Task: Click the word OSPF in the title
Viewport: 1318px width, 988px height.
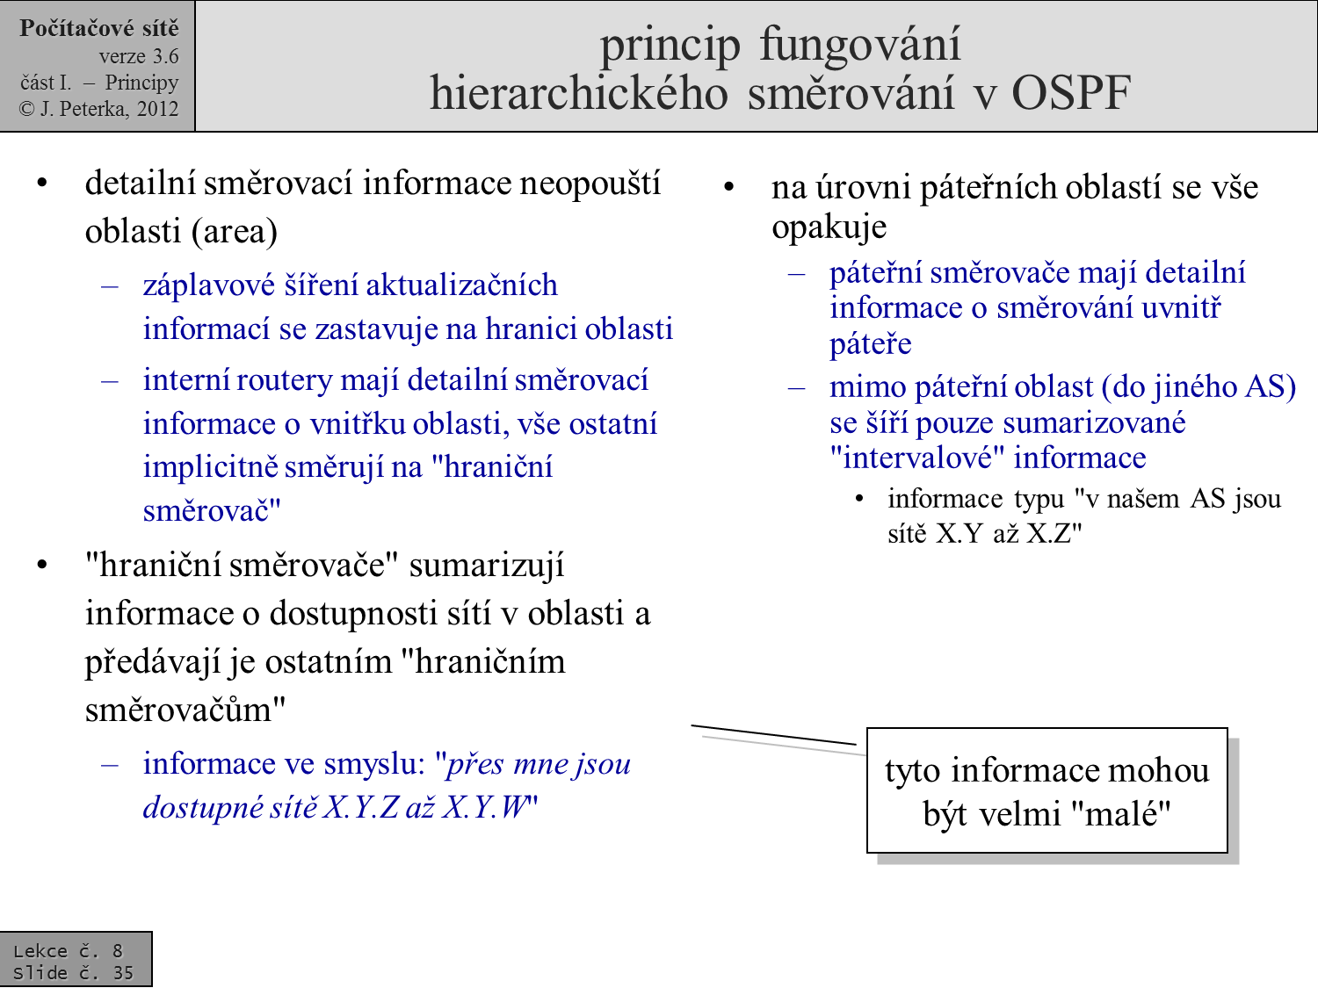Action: pos(1071,93)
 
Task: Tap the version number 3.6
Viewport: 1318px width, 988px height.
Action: pos(165,56)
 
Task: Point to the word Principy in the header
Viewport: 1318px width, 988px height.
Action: pos(141,83)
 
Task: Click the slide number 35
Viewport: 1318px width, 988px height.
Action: pos(123,972)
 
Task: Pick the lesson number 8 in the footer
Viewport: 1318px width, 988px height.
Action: pos(118,951)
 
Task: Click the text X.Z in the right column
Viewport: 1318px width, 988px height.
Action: pos(1048,533)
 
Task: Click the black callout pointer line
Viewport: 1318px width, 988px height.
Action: pos(774,735)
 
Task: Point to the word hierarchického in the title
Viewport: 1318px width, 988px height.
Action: pos(579,94)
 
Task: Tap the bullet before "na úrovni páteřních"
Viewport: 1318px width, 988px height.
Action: pos(729,187)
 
